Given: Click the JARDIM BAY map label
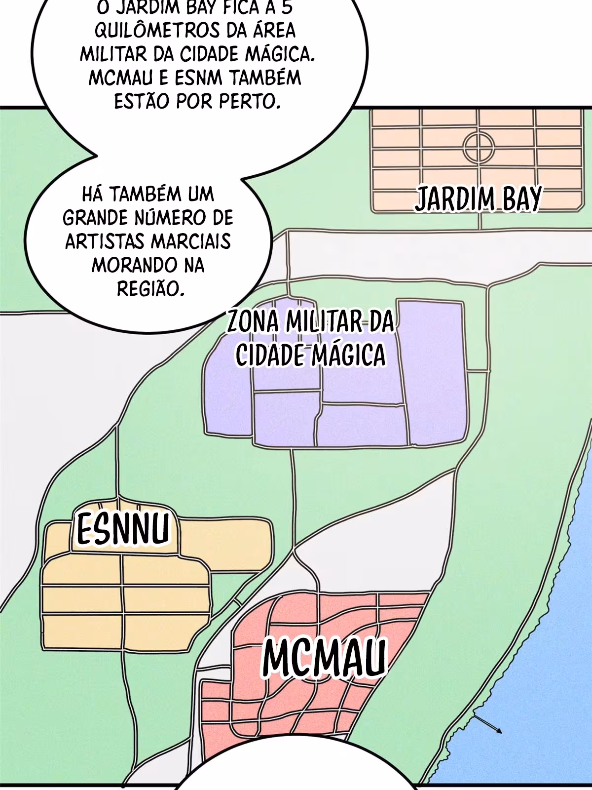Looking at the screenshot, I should [x=478, y=199].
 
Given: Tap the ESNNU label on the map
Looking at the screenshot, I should [x=123, y=529].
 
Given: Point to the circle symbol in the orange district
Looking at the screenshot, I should [x=479, y=147].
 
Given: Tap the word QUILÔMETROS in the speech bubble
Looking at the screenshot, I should [x=156, y=31].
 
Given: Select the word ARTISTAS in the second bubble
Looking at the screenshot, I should [x=105, y=241].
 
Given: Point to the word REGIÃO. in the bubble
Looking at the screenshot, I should [x=151, y=289].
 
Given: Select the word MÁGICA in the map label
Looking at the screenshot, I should [x=347, y=355].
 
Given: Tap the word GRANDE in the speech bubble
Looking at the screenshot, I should [x=94, y=218].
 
